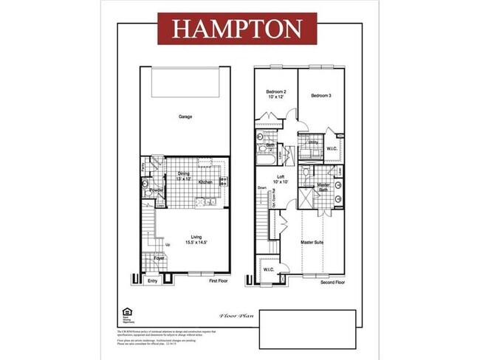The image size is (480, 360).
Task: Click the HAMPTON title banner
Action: click(x=237, y=28)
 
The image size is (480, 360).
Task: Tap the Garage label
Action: click(x=185, y=117)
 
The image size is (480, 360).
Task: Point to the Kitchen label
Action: click(x=206, y=182)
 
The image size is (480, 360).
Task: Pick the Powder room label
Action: click(x=156, y=191)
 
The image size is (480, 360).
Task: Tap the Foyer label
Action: click(x=159, y=259)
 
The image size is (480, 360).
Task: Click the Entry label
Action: click(x=153, y=281)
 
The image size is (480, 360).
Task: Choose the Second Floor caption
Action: click(x=332, y=283)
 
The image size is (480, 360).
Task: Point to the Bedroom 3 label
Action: click(x=321, y=96)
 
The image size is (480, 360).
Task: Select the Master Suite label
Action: click(x=314, y=242)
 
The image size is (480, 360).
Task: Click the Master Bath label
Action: click(x=323, y=188)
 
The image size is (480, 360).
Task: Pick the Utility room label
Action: click(x=312, y=142)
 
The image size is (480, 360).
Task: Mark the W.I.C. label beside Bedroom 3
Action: click(x=332, y=149)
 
